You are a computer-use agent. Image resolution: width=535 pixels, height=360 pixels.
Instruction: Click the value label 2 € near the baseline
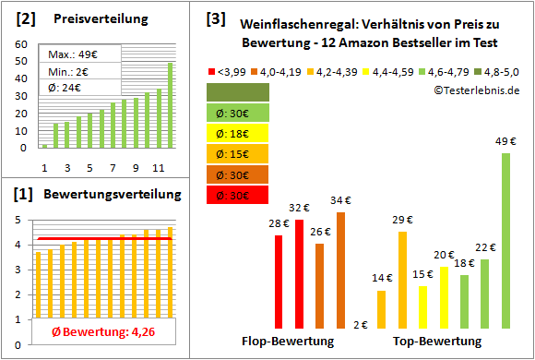coord(360,325)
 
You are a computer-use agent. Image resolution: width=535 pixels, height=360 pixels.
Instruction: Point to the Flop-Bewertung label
coord(288,342)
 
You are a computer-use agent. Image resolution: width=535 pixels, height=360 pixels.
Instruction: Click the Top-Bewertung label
coord(437,342)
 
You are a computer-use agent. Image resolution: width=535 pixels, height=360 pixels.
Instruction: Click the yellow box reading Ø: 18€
coord(238,133)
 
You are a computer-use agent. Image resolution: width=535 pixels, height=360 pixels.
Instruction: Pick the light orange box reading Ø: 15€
coord(238,154)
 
